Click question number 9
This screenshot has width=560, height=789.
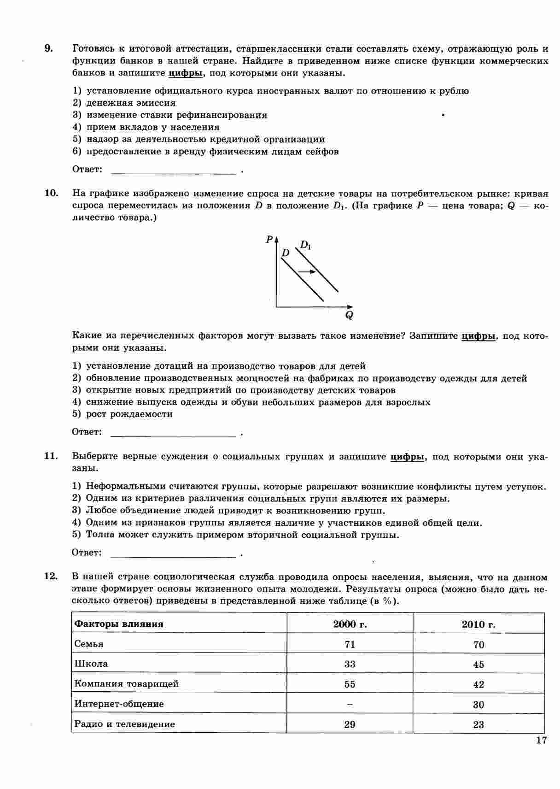(x=49, y=48)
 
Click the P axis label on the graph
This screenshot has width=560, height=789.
(x=269, y=239)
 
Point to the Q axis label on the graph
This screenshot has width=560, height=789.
(x=349, y=315)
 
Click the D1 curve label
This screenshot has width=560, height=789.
(x=306, y=245)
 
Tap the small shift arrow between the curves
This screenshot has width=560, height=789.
(x=307, y=272)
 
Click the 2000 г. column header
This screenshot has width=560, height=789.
(x=350, y=624)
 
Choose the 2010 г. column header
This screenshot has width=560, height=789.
(x=478, y=624)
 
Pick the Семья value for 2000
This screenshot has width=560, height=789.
(x=350, y=644)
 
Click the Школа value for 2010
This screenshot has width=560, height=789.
(x=478, y=665)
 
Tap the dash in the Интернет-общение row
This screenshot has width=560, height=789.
(x=350, y=704)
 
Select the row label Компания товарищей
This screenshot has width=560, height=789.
(x=127, y=684)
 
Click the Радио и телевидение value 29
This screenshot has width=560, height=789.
(x=350, y=724)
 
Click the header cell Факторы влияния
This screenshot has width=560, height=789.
(x=119, y=624)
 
